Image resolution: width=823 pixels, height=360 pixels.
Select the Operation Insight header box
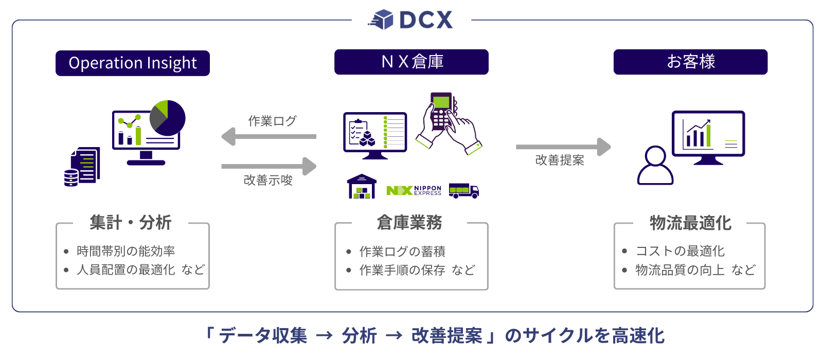tap(133, 63)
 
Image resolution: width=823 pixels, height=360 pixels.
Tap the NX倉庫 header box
tap(411, 62)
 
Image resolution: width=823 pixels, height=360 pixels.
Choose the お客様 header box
tap(690, 62)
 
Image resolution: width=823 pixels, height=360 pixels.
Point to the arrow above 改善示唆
tap(269, 166)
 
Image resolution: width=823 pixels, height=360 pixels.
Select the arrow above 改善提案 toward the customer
tap(563, 147)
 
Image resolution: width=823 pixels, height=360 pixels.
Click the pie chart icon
tap(168, 118)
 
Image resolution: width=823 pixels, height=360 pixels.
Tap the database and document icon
tap(82, 167)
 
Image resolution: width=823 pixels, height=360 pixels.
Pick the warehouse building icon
tap(362, 186)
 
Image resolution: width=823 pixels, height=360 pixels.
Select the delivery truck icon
tap(463, 190)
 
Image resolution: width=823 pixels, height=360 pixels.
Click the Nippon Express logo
tap(414, 190)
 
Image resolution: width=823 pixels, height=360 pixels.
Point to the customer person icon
tap(655, 166)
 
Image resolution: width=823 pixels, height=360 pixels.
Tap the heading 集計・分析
tap(131, 223)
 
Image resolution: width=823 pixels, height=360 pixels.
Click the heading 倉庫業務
tap(409, 223)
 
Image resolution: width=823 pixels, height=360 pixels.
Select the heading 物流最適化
tap(690, 223)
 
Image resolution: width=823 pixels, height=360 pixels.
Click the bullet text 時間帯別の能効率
tap(126, 251)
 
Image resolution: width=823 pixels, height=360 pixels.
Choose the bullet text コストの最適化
tap(680, 251)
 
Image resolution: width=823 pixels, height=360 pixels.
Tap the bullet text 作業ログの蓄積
tap(402, 251)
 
